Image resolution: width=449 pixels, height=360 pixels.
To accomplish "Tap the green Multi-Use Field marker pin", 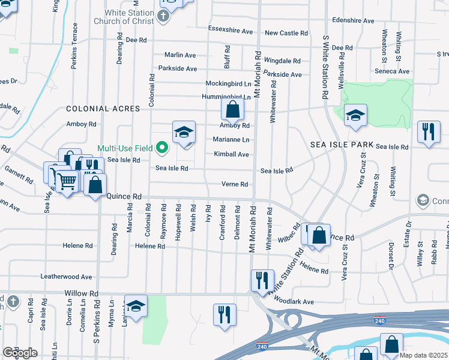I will pyautogui.click(x=161, y=147).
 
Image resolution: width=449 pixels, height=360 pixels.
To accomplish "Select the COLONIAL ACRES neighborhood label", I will pyautogui.click(x=103, y=109).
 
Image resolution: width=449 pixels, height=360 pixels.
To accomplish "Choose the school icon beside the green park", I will pyautogui.click(x=355, y=116).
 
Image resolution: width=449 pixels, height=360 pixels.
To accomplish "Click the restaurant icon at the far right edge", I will pyautogui.click(x=428, y=132).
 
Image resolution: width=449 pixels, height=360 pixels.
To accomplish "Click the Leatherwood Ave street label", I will pyautogui.click(x=66, y=277).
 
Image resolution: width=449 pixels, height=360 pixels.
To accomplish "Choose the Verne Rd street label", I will pyautogui.click(x=235, y=184).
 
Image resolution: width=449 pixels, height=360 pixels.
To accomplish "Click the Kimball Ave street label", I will pyautogui.click(x=231, y=154).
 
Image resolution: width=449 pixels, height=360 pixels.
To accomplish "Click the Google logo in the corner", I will pyautogui.click(x=20, y=353).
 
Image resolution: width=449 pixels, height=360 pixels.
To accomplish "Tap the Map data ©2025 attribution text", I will pyautogui.click(x=424, y=355).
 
